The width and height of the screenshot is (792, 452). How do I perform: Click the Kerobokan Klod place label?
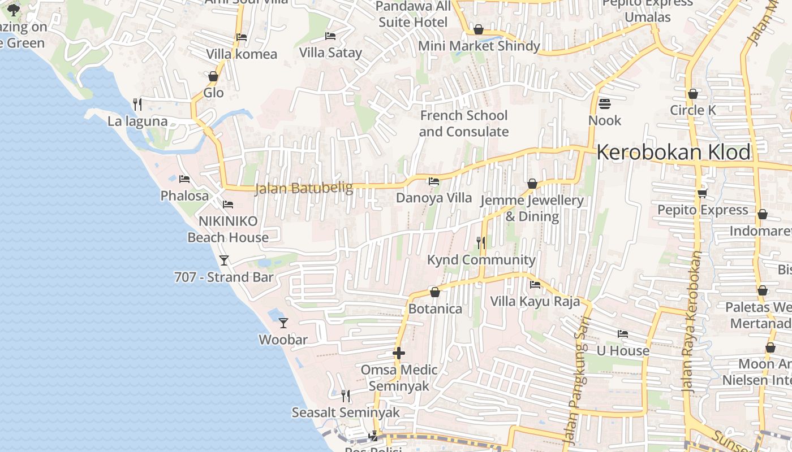(673, 153)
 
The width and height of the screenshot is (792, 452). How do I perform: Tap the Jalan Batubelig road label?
(304, 188)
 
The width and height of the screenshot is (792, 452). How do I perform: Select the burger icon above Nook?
(604, 104)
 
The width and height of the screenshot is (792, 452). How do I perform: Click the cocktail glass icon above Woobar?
(283, 323)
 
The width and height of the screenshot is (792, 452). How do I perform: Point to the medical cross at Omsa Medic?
(399, 354)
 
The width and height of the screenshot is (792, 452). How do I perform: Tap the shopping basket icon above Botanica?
(435, 292)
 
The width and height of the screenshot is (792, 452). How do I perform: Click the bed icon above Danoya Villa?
(434, 181)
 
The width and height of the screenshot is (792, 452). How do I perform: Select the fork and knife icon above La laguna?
(137, 104)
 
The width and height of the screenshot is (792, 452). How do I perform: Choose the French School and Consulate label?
(464, 124)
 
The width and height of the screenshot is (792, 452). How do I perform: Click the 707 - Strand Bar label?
(224, 277)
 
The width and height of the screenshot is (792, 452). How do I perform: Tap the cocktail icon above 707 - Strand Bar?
(224, 260)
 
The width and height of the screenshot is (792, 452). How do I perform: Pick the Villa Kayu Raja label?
(535, 301)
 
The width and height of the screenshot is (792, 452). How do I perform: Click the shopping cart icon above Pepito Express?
(702, 193)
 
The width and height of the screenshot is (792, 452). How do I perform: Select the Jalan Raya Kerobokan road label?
(691, 322)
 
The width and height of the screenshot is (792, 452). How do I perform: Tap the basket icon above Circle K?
(693, 94)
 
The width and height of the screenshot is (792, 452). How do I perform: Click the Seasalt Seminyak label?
(346, 412)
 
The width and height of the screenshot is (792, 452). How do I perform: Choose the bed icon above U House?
(623, 334)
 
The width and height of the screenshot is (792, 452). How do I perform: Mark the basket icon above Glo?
(213, 76)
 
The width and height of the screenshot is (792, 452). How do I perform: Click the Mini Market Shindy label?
(479, 46)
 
